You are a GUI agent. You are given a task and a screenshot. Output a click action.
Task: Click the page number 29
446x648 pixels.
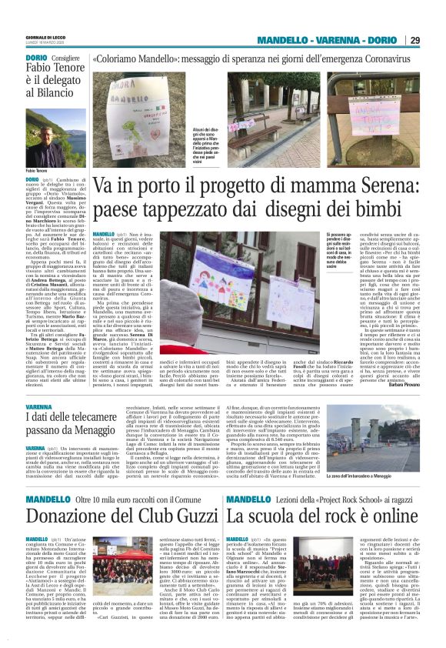point(414,40)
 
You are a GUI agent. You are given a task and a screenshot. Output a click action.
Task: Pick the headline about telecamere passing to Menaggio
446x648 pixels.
point(77,425)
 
